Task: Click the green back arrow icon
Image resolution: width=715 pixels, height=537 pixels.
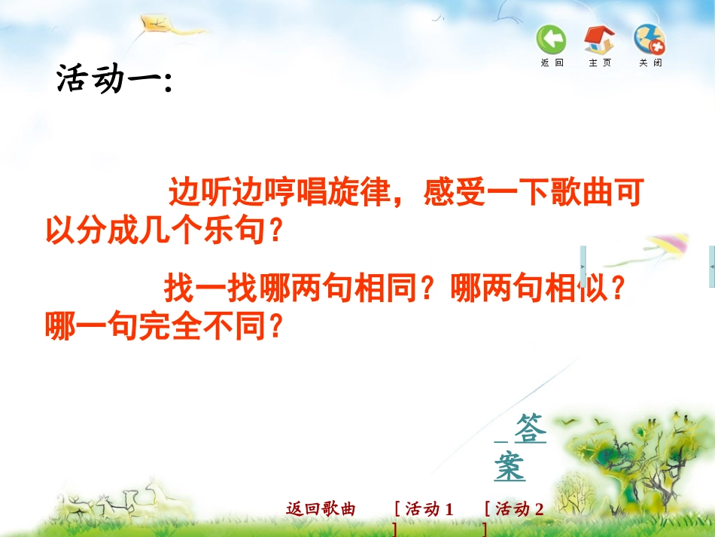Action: [551, 39]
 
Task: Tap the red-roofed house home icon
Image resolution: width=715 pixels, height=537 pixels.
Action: [600, 39]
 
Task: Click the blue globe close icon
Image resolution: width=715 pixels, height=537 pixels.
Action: [649, 39]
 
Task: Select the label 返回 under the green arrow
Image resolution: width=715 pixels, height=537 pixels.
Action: [552, 63]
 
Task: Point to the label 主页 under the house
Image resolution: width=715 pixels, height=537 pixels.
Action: [600, 63]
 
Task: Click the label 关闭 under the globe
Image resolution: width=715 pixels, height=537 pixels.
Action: [650, 63]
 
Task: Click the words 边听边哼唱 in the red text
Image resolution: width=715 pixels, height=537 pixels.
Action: [248, 193]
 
